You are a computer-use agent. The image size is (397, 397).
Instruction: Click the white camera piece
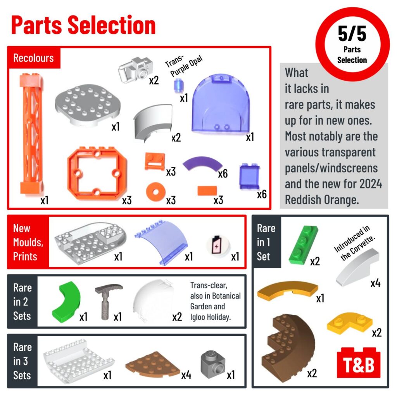135,70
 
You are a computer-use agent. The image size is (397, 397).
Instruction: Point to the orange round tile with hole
156,192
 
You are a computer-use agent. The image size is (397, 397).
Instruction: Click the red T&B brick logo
359,362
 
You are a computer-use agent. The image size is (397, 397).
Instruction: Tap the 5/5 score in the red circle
352,34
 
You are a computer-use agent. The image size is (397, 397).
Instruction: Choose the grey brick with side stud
213,364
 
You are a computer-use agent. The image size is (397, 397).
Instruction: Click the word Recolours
33,58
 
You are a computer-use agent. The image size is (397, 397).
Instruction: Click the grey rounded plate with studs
88,105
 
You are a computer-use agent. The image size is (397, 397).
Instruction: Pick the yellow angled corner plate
349,323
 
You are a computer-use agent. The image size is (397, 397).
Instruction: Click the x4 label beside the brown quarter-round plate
186,375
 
